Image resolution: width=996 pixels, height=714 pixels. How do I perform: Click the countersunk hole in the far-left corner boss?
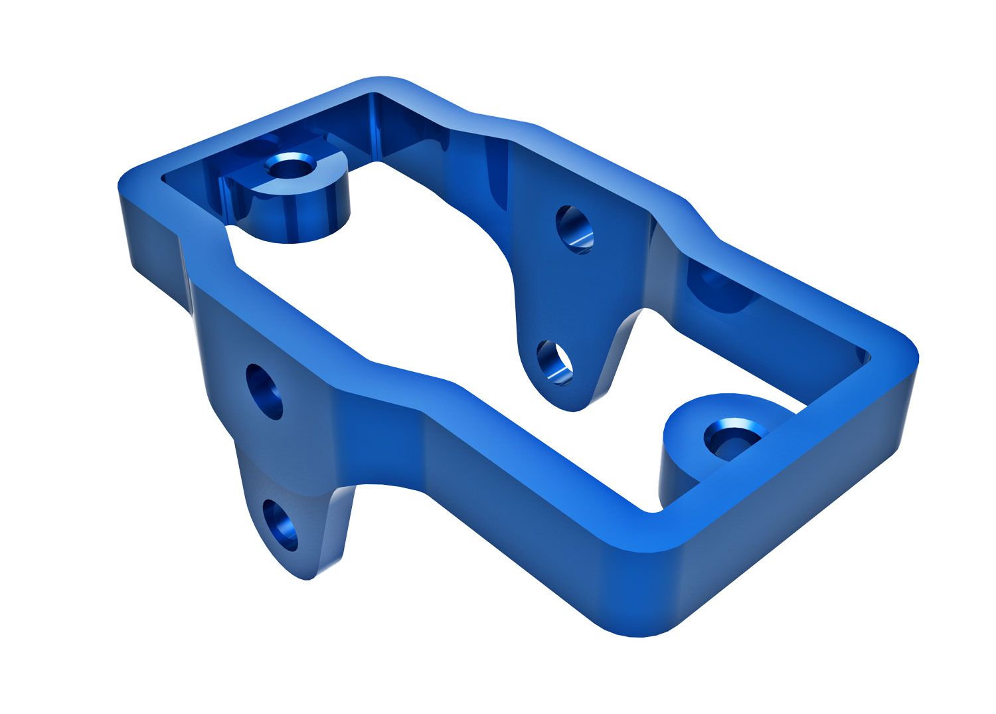(x=290, y=167)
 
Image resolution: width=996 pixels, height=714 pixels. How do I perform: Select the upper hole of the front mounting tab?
(x=264, y=391)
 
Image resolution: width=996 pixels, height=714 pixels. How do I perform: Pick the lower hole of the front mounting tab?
(x=280, y=525)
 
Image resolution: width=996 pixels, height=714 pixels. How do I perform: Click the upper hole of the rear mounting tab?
(x=574, y=228)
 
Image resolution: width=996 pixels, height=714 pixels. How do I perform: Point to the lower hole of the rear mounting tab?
(x=554, y=361)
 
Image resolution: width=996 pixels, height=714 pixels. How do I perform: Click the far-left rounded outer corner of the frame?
(x=126, y=183)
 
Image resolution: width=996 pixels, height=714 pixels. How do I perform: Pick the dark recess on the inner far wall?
(x=720, y=292)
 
